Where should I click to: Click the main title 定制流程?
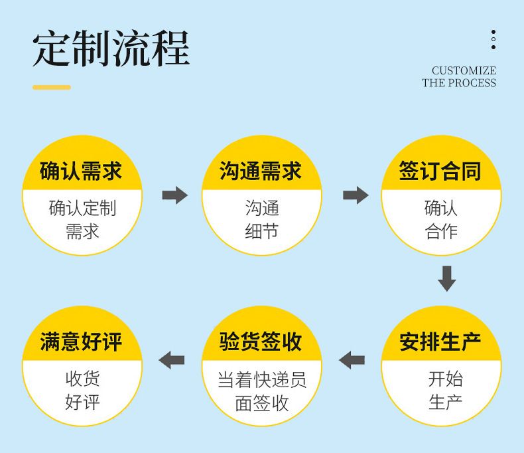pyautogui.click(x=111, y=48)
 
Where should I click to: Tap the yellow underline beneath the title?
pyautogui.click(x=52, y=87)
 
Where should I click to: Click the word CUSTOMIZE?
pyautogui.click(x=464, y=71)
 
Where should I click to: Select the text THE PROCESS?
pyautogui.click(x=459, y=83)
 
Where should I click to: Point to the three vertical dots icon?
pyautogui.click(x=493, y=40)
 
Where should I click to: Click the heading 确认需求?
pyautogui.click(x=81, y=171)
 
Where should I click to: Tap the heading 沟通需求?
pyautogui.click(x=261, y=171)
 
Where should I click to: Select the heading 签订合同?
pyautogui.click(x=440, y=171)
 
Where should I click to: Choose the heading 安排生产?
pyautogui.click(x=440, y=342)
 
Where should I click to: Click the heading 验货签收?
pyautogui.click(x=261, y=342)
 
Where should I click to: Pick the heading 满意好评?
pyautogui.click(x=81, y=342)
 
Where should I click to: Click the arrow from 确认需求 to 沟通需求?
pyautogui.click(x=175, y=195)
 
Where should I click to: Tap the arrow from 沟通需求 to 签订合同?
pyautogui.click(x=356, y=195)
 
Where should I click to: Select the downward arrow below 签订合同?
pyautogui.click(x=447, y=278)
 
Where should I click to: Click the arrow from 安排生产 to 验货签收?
pyautogui.click(x=352, y=360)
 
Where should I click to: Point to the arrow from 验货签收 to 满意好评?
pyautogui.click(x=172, y=360)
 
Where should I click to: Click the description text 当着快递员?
pyautogui.click(x=262, y=380)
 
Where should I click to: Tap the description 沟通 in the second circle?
pyautogui.click(x=262, y=209)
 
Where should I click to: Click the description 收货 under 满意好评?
pyautogui.click(x=82, y=379)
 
